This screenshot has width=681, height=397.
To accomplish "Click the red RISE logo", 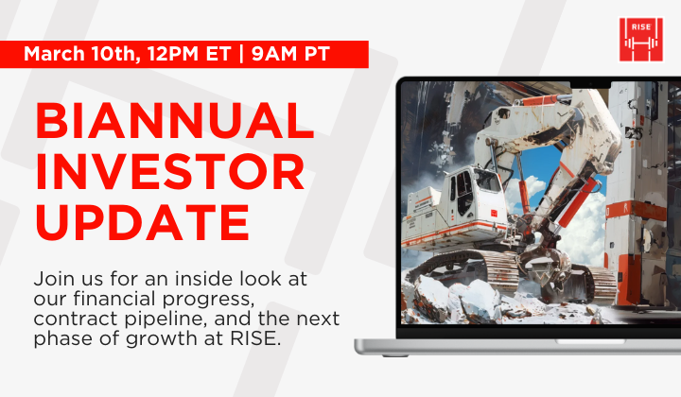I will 640,39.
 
